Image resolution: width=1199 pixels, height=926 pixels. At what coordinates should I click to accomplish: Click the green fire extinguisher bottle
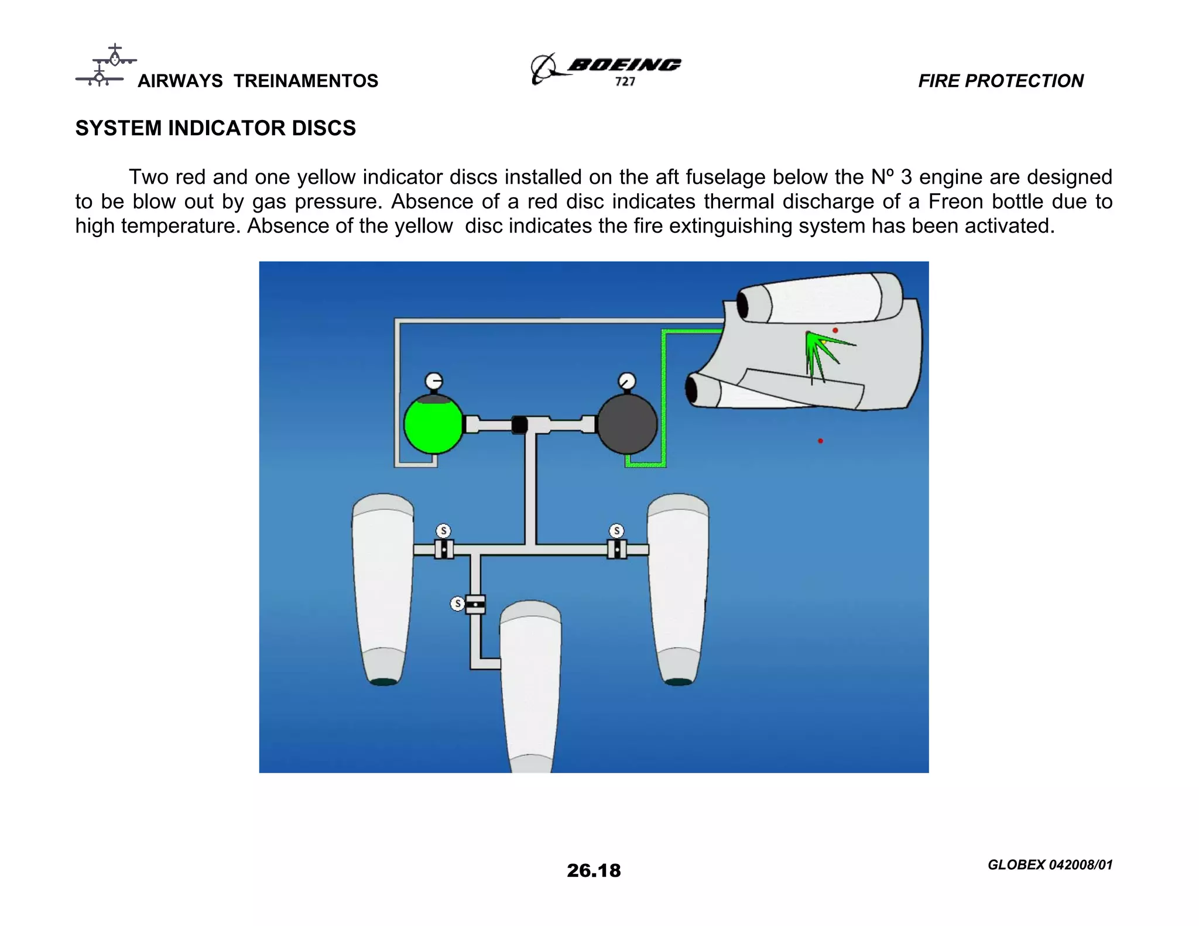[x=433, y=425]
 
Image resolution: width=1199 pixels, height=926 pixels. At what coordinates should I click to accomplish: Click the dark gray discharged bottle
[x=627, y=425]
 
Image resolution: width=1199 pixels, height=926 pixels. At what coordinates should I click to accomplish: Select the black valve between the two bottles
[x=519, y=424]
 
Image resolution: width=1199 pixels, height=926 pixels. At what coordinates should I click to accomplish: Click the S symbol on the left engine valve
[x=443, y=531]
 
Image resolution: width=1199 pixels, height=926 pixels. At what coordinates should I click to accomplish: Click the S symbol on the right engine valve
[x=616, y=531]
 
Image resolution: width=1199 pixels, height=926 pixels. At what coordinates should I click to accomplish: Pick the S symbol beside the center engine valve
[x=457, y=603]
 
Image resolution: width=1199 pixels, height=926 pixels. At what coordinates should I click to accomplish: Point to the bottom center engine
[x=530, y=685]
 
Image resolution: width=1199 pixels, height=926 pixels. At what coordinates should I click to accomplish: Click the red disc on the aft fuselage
[x=835, y=331]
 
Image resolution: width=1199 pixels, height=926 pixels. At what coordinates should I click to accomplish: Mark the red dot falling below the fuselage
[x=820, y=441]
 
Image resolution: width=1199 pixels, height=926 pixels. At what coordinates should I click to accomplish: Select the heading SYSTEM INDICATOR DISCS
[x=215, y=128]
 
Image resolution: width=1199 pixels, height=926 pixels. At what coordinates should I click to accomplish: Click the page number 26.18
[x=594, y=870]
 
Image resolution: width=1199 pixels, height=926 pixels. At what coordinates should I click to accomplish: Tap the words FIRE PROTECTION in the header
[x=1001, y=81]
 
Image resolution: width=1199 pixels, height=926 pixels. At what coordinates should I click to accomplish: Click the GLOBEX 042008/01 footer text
[x=1050, y=865]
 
